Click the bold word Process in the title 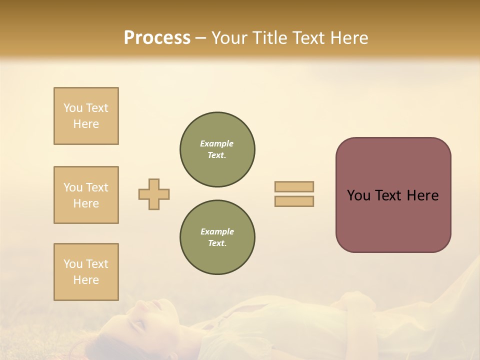coord(157,38)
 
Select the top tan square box coord(86,116)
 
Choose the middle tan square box coord(86,195)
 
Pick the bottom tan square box coord(86,272)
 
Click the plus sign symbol coord(154,194)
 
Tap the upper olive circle coord(217,149)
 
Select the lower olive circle coord(217,237)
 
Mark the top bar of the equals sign coord(294,186)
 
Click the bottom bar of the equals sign coord(294,201)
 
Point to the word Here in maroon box coord(422,195)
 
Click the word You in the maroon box coord(358,195)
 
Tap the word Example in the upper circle coord(217,143)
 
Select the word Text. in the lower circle coord(217,243)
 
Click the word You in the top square coord(73,108)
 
